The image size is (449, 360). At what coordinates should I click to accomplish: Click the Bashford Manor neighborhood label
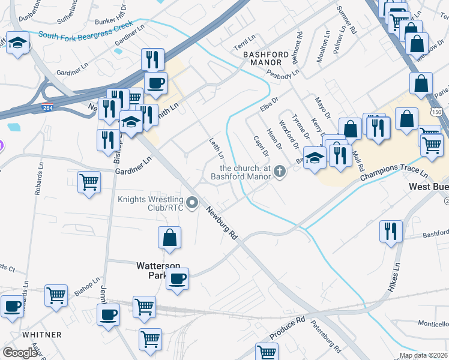point(262,58)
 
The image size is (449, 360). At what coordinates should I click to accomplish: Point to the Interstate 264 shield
point(47,108)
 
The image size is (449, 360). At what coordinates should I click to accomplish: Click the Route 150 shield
point(436,112)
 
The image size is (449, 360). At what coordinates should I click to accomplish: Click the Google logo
point(20,352)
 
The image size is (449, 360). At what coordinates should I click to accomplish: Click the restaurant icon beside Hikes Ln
point(391,231)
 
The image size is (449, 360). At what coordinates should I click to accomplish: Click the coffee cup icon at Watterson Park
point(177,278)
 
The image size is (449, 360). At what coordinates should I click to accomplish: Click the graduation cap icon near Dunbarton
point(18,43)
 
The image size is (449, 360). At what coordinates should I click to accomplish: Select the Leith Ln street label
point(216,149)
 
